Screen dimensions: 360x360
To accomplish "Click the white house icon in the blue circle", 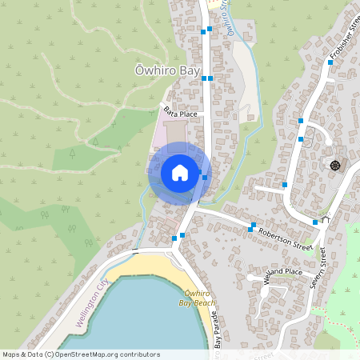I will pyautogui.click(x=180, y=172).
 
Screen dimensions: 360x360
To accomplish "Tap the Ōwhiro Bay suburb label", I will pyautogui.click(x=166, y=71).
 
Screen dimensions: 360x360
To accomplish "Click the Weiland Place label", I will pyautogui.click(x=282, y=272).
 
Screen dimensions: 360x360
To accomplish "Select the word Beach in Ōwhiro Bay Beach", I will pyautogui.click(x=204, y=303).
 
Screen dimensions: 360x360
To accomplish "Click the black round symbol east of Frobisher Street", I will pyautogui.click(x=334, y=165).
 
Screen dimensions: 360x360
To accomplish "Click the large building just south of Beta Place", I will pyautogui.click(x=175, y=130).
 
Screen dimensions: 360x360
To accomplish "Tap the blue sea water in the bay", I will pyautogui.click(x=136, y=320).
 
